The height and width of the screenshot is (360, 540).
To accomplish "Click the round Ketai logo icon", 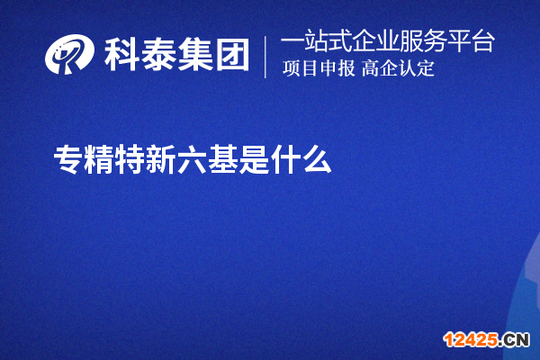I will [x=70, y=56].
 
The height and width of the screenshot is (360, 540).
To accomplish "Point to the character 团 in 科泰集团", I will [x=231, y=56].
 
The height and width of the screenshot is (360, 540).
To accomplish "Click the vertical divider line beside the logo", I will [x=265, y=56].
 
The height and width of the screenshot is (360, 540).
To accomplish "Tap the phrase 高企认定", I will [x=399, y=69].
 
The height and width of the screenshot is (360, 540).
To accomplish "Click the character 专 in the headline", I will [x=67, y=161].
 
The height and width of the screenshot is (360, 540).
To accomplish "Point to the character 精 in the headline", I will [x=99, y=161].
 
